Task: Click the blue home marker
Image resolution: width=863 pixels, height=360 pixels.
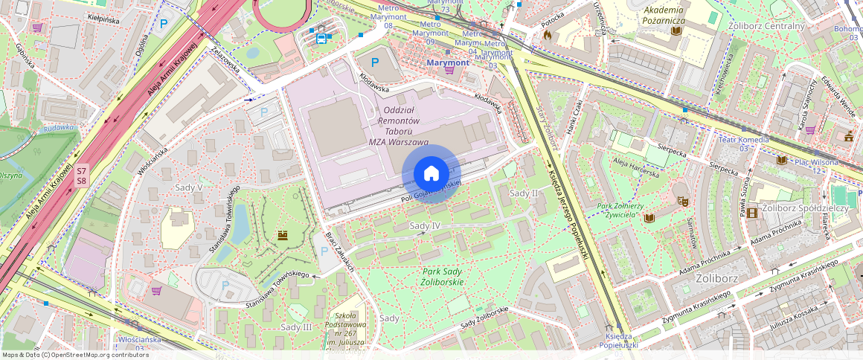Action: [431, 173]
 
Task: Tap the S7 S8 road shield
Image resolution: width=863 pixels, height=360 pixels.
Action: [82, 176]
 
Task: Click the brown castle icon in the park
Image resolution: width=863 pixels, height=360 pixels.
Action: [283, 236]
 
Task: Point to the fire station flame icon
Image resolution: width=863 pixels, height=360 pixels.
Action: [548, 34]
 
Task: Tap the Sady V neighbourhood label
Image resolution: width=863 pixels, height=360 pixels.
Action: [189, 187]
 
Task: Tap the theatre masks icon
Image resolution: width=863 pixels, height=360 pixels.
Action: [680, 200]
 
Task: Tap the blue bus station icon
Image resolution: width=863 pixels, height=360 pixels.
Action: [321, 39]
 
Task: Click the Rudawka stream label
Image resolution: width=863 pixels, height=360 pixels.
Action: [59, 127]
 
